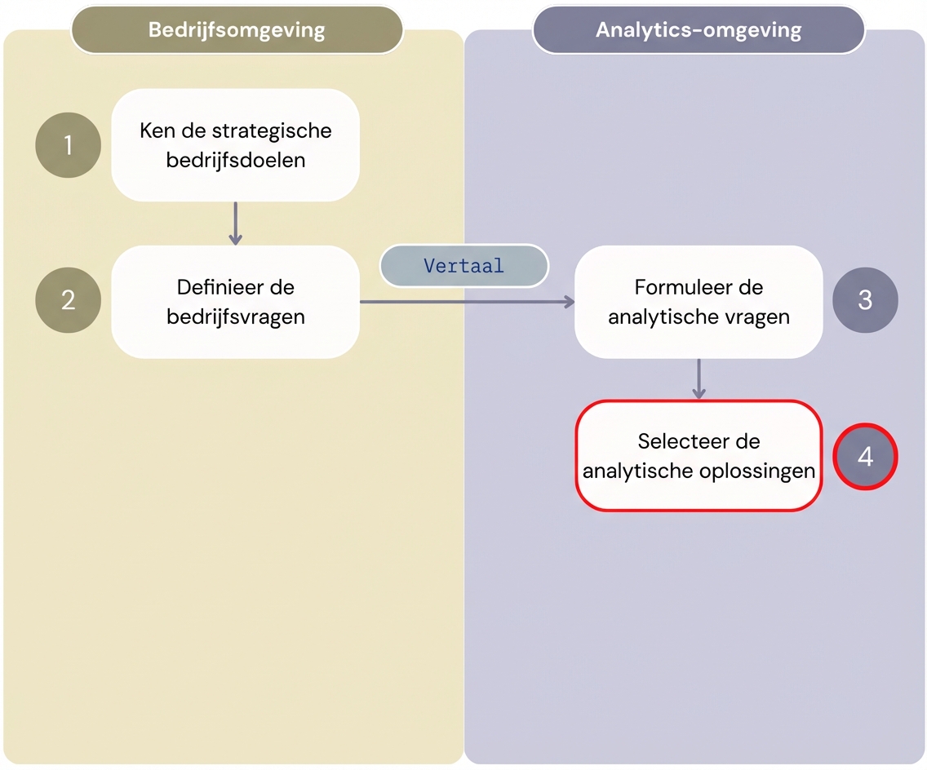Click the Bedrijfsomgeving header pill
point(237,31)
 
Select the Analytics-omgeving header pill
point(699,31)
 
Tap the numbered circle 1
point(69,145)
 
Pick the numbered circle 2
point(69,300)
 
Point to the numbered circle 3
point(865,300)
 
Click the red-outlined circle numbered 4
point(865,457)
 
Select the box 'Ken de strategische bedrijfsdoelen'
point(235,145)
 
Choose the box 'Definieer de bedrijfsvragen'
point(235,302)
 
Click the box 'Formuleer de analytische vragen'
point(699,302)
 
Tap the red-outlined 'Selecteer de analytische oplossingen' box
point(699,456)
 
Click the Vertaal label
point(464,266)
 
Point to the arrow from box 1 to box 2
point(235,223)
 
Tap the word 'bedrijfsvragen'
point(236,316)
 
